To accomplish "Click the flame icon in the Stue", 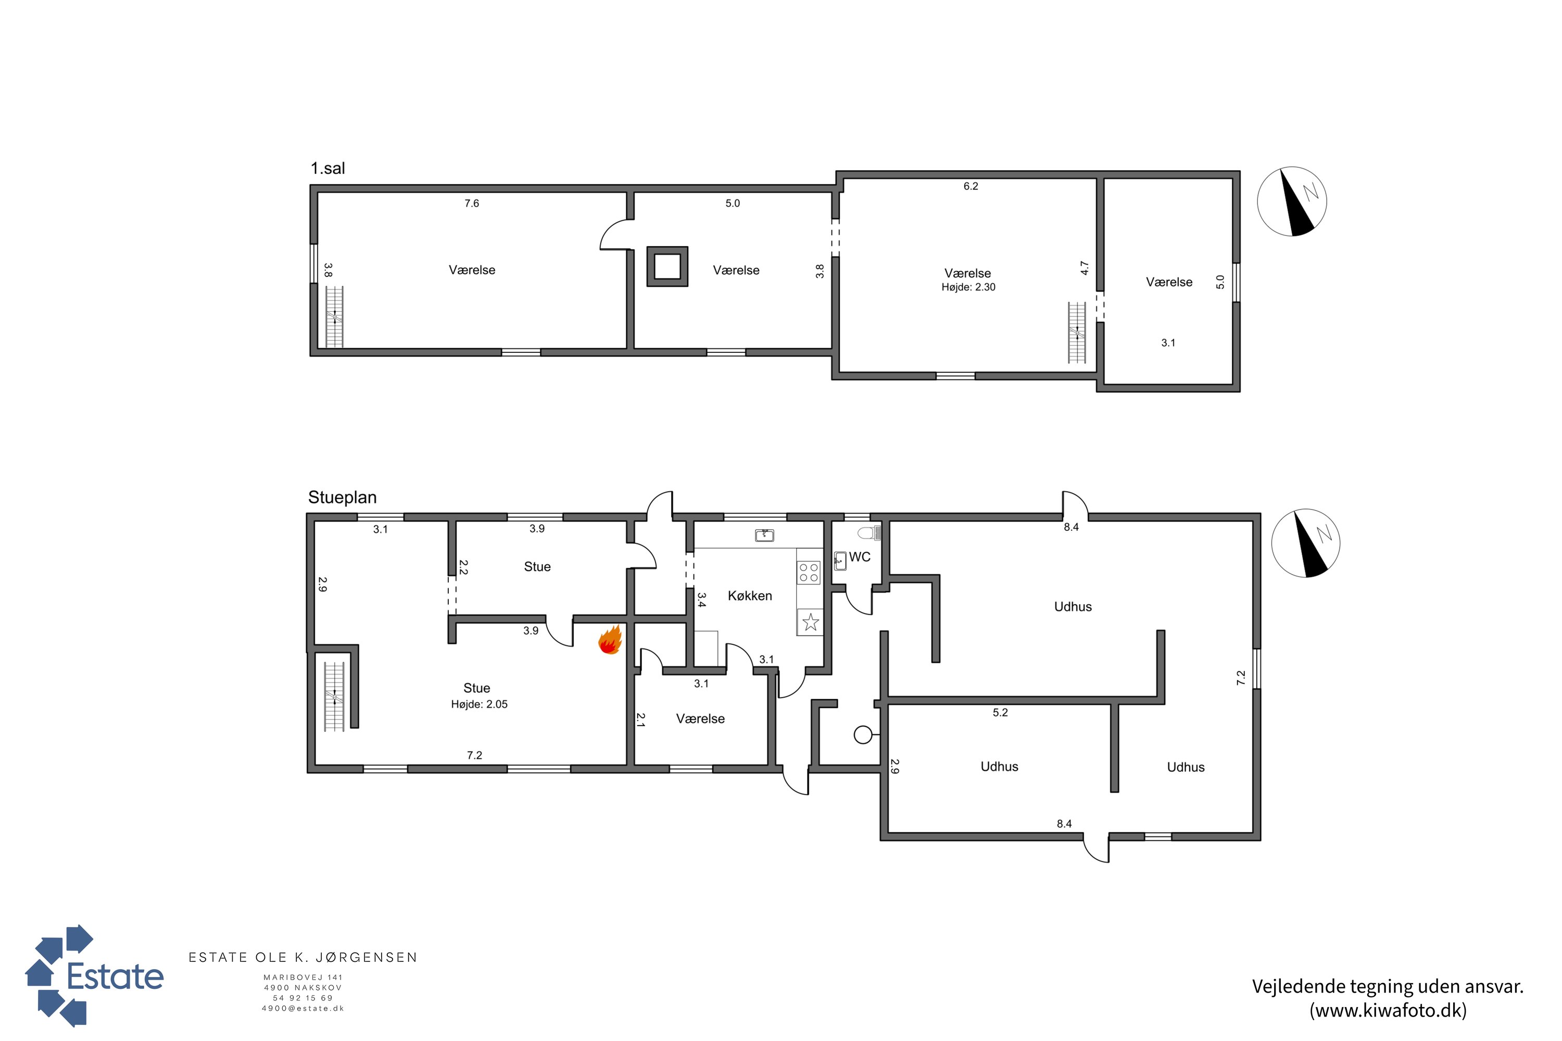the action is (610, 640).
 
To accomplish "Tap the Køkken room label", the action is (750, 596).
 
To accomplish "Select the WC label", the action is (860, 557).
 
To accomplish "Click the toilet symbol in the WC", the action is (868, 532).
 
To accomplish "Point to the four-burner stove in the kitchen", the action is (808, 572).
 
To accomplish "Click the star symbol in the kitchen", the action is (810, 622).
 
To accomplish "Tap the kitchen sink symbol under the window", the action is (764, 535).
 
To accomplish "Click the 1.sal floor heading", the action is (327, 169).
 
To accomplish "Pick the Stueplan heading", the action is (342, 497).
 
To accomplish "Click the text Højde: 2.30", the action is (968, 287).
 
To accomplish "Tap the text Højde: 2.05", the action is (479, 704).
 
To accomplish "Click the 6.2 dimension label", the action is (971, 186).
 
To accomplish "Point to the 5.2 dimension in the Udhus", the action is (1000, 713).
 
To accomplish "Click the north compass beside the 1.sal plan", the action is (1292, 201).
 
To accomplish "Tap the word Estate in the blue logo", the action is (116, 976).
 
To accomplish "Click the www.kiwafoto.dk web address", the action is (1388, 1010).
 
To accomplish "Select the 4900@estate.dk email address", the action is (303, 1009).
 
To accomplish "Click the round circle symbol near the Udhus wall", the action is (863, 735).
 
